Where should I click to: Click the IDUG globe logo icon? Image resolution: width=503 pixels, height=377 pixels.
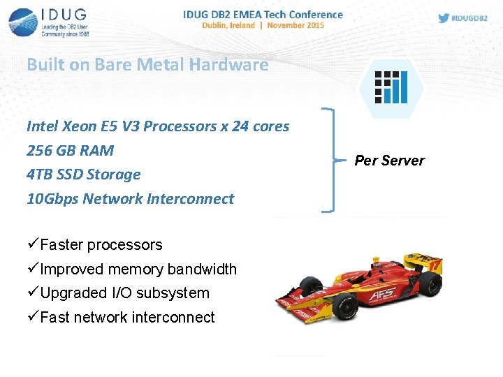23,22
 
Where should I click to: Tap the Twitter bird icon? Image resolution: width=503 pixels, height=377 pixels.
444,18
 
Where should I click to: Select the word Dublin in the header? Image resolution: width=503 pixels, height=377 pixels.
217,24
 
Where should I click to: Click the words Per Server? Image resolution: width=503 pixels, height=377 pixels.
389,161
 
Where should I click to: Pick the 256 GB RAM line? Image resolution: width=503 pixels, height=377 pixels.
70,151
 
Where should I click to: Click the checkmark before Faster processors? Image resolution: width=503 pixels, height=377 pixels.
33,244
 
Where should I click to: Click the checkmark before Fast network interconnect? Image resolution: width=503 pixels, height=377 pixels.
33,317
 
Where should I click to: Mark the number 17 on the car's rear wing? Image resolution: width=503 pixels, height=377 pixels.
435,266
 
